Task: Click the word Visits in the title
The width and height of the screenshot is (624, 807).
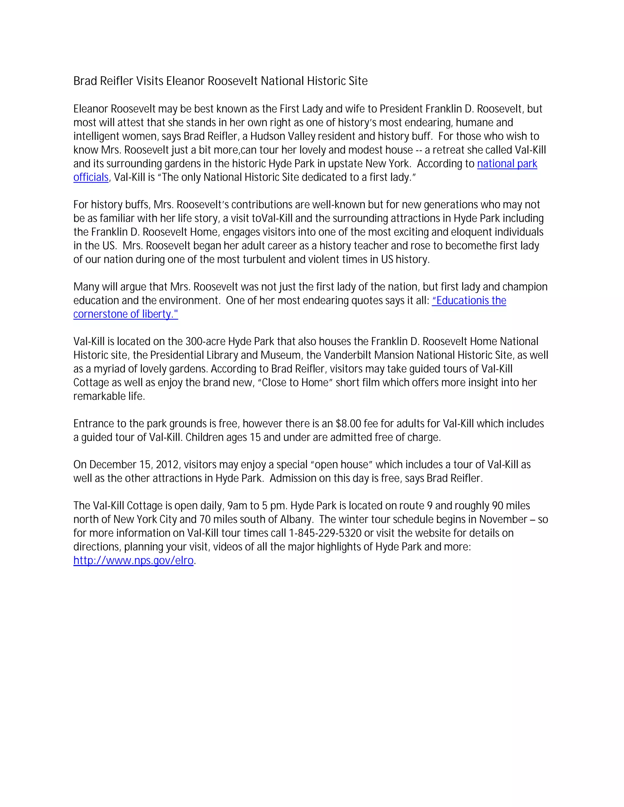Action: pos(149,81)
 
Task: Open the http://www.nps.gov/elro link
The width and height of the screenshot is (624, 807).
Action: pos(133,561)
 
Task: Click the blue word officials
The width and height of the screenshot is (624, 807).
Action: pos(90,177)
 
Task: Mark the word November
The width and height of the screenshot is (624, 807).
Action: pos(503,520)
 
